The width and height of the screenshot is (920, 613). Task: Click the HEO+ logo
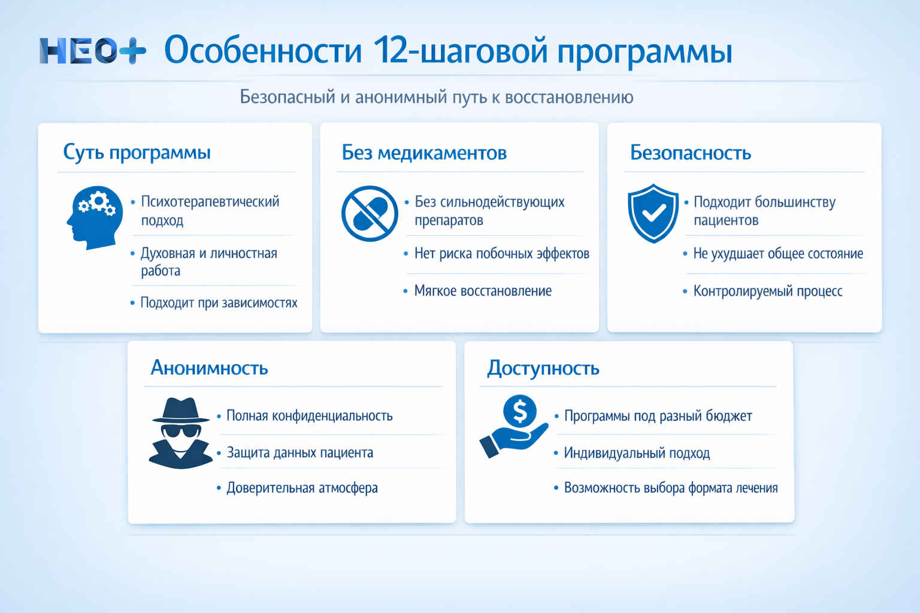click(x=92, y=51)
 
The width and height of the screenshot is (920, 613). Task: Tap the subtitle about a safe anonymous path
click(x=436, y=97)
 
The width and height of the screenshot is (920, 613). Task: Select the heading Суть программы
click(x=137, y=152)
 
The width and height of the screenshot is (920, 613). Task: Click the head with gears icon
click(x=92, y=217)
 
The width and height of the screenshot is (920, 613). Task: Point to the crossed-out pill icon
click(x=370, y=214)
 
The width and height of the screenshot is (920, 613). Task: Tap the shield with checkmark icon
click(x=653, y=213)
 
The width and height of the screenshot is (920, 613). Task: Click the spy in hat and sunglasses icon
click(x=180, y=433)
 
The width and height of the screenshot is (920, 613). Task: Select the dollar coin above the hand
click(x=519, y=411)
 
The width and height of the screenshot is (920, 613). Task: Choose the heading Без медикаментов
click(x=424, y=153)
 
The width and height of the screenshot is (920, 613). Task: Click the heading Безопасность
click(x=690, y=153)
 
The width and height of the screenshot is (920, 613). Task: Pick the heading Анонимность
click(x=209, y=367)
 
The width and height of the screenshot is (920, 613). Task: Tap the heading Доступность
click(x=543, y=368)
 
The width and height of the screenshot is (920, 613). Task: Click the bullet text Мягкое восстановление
click(x=483, y=291)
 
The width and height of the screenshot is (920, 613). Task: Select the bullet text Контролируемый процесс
click(x=767, y=291)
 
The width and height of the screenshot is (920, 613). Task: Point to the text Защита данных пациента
click(x=299, y=453)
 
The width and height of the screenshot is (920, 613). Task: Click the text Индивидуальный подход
click(x=637, y=453)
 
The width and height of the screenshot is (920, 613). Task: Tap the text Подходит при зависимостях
click(x=219, y=303)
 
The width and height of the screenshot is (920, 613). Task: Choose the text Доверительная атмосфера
click(x=302, y=488)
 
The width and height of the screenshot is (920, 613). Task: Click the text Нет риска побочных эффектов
click(x=501, y=254)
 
